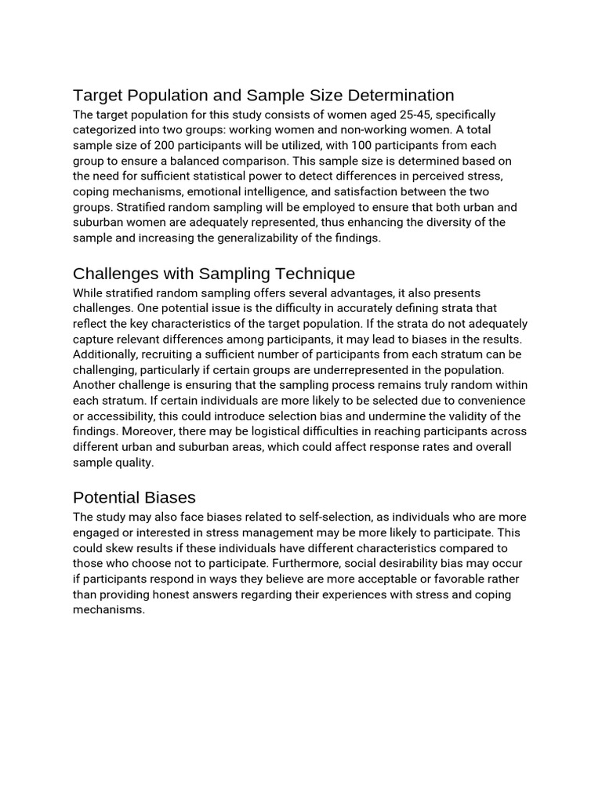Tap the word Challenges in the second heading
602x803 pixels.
tap(115, 274)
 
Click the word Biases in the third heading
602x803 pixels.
tap(170, 498)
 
